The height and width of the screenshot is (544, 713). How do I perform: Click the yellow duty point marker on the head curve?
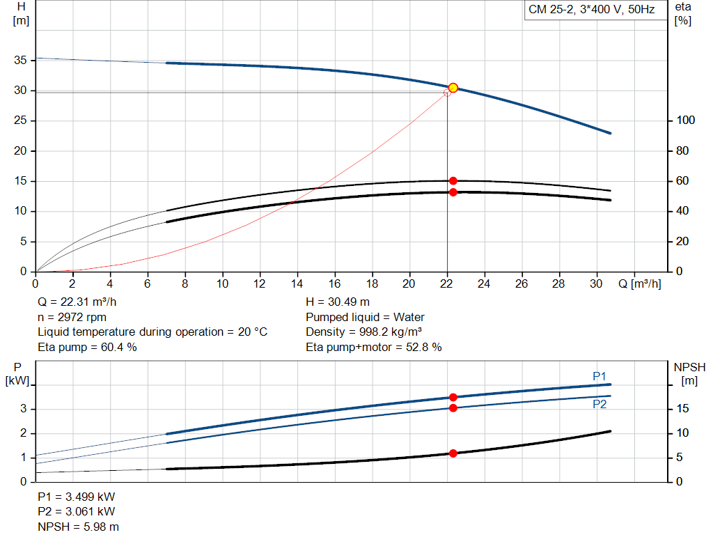click(x=453, y=88)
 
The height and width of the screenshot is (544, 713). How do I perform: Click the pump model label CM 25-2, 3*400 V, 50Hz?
click(x=592, y=10)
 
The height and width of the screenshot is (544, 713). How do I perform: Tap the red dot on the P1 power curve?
click(x=453, y=397)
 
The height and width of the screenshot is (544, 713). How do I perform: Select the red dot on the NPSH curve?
click(x=453, y=453)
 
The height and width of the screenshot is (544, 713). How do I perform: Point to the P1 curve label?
click(x=600, y=376)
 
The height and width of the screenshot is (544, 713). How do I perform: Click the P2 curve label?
click(x=600, y=404)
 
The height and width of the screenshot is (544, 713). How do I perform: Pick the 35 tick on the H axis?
click(x=21, y=61)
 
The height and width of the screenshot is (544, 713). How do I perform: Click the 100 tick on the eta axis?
click(x=686, y=121)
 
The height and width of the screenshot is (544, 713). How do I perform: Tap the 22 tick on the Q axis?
click(x=446, y=283)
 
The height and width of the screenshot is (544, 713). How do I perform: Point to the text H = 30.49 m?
click(x=338, y=302)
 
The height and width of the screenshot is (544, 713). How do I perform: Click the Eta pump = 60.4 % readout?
click(x=87, y=346)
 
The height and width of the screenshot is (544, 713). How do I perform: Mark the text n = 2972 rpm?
click(x=72, y=317)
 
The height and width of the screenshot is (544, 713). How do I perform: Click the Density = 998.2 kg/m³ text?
click(x=364, y=332)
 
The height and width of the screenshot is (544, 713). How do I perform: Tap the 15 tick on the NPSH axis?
click(x=683, y=409)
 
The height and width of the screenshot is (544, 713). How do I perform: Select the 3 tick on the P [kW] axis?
click(x=24, y=409)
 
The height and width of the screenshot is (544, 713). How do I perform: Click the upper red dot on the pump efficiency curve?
click(x=453, y=181)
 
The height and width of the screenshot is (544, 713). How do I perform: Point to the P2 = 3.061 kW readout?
click(x=76, y=512)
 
